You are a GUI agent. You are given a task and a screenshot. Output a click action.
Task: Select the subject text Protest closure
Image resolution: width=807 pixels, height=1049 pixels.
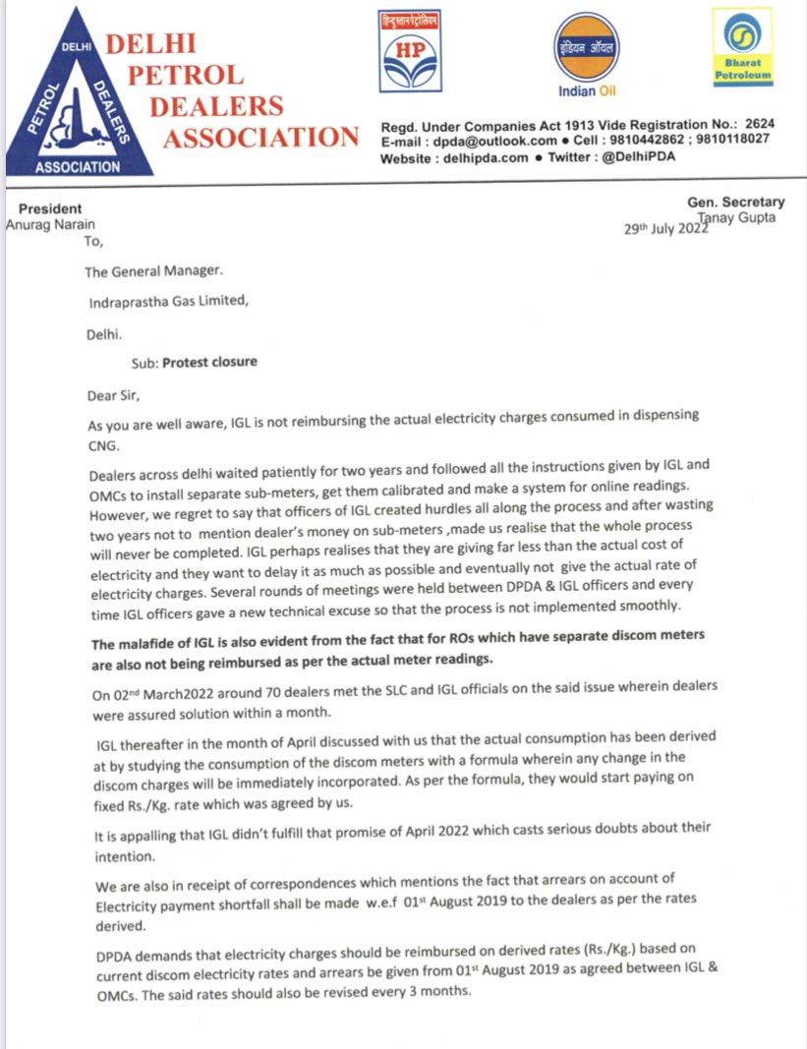209,362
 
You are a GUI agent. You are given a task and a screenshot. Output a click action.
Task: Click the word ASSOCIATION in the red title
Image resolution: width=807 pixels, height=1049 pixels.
260,138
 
